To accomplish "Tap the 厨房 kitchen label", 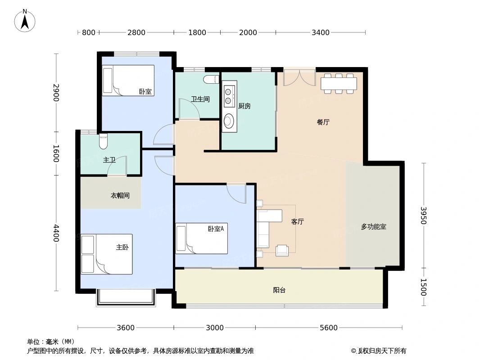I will (244, 106).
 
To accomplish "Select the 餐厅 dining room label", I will (323, 122).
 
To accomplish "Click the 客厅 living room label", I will (297, 221).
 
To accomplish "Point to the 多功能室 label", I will (373, 227).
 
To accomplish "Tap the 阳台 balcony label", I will (279, 290).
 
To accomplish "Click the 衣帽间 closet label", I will (120, 195).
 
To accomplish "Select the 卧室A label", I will (216, 229).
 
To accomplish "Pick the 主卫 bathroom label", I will (109, 160).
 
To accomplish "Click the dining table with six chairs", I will (339, 83).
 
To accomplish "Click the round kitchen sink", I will (229, 121).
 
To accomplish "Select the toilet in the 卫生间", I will (211, 80).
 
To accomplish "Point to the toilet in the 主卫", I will (103, 141).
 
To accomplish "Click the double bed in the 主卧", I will (107, 254).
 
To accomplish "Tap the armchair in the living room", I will (282, 250).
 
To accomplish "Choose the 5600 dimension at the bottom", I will (329, 328).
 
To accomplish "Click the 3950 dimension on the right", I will (423, 216).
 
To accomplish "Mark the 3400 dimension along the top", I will (321, 32).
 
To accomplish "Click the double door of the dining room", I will (299, 77).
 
